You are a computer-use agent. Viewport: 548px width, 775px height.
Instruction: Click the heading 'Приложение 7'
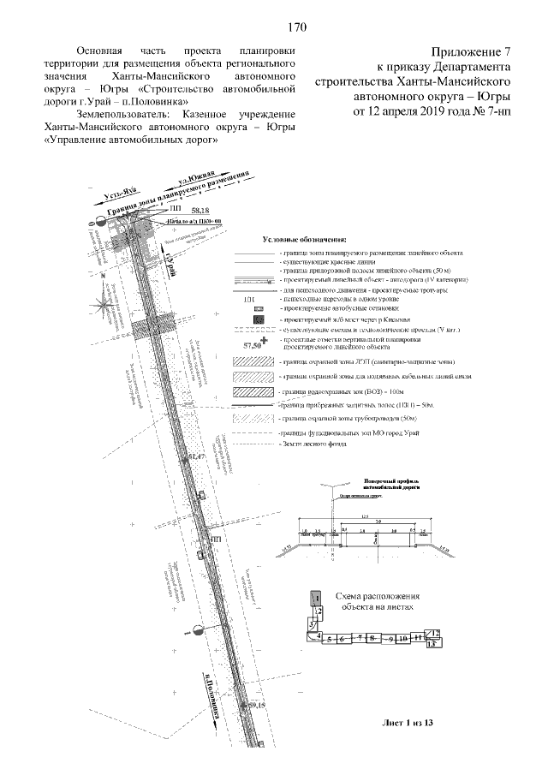point(472,52)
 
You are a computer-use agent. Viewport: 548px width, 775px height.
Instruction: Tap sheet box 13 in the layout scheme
point(433,643)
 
